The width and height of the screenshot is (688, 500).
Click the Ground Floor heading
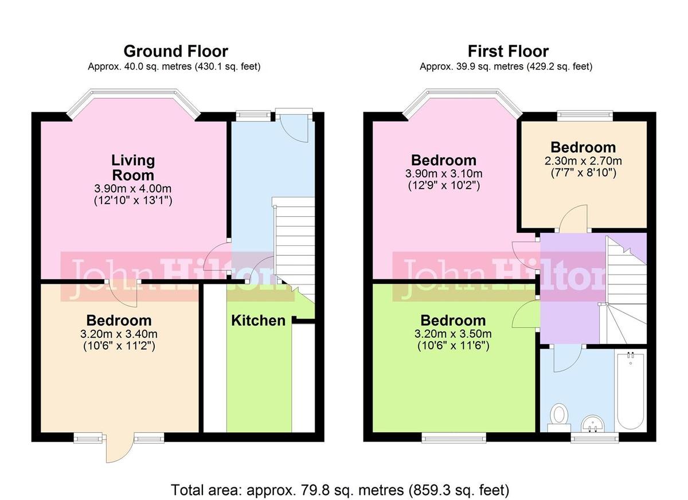pyautogui.click(x=175, y=51)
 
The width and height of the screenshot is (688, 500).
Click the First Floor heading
pyautogui.click(x=508, y=51)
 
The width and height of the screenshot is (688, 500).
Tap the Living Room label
pyautogui.click(x=133, y=167)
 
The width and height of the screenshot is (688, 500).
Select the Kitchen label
pyautogui.click(x=258, y=321)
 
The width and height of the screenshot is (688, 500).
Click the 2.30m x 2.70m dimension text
pyautogui.click(x=583, y=161)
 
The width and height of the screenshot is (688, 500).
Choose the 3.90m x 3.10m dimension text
pyautogui.click(x=444, y=174)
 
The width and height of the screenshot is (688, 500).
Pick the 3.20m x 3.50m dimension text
pyautogui.click(x=454, y=334)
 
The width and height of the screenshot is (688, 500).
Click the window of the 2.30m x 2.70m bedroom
pyautogui.click(x=585, y=115)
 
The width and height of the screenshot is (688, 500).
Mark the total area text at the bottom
pyautogui.click(x=339, y=490)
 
